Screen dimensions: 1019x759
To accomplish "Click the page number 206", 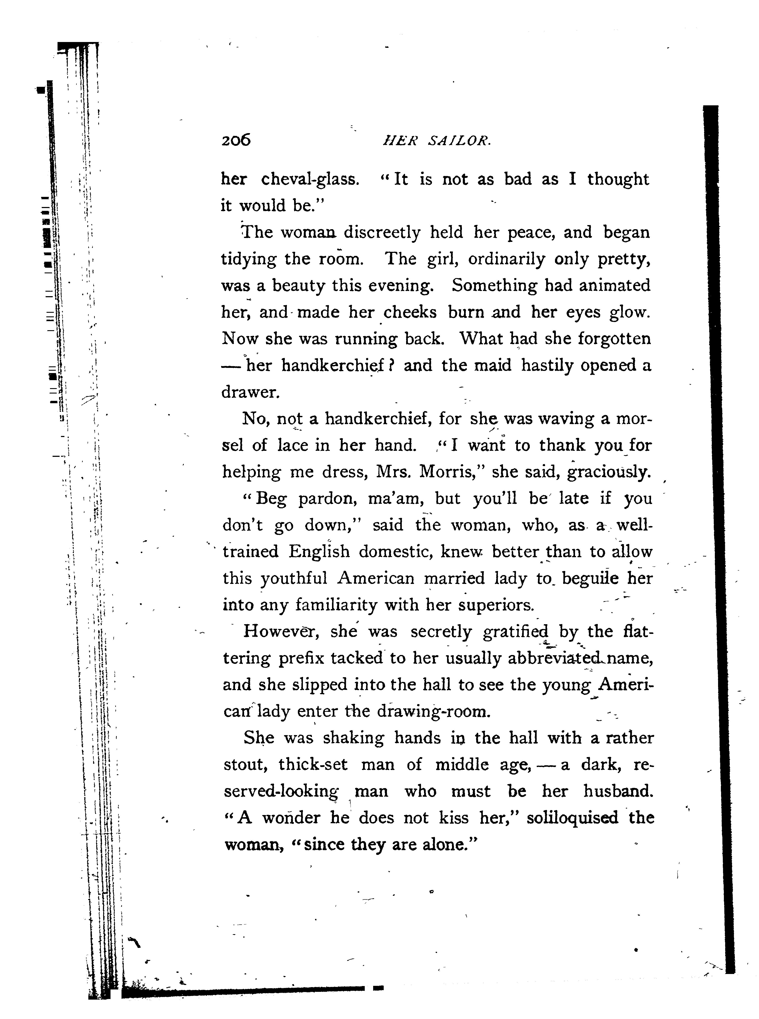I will [236, 140].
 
